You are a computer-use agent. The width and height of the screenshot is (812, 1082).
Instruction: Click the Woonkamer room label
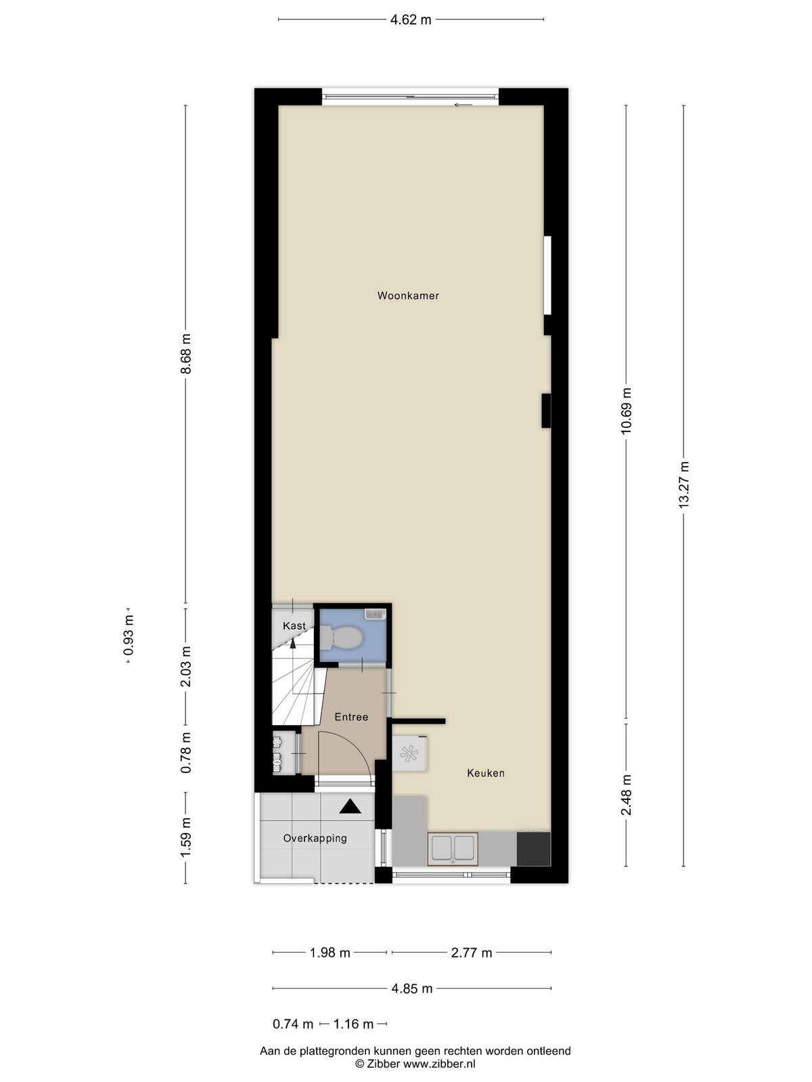coord(408,296)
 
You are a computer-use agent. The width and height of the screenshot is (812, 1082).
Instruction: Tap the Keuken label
coord(486,773)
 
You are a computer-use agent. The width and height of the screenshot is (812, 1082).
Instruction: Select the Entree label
coord(351,717)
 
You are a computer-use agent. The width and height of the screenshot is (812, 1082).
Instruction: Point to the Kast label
coord(294,626)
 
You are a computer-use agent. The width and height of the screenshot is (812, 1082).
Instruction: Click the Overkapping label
coord(315,838)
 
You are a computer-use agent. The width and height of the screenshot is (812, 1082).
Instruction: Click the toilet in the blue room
coord(341,638)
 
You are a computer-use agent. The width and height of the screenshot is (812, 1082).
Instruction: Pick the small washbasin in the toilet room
coord(375,614)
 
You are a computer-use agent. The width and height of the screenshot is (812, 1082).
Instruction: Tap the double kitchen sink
coord(453,849)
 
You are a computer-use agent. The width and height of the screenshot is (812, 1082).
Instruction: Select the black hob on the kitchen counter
coord(533,849)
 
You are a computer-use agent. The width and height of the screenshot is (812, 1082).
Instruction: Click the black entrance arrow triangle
coord(350,807)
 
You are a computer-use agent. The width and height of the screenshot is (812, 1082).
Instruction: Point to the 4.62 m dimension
coord(411,20)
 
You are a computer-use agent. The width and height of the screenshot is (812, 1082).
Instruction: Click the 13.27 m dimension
coord(683,485)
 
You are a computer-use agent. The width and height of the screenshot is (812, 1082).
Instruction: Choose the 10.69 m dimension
coord(626,411)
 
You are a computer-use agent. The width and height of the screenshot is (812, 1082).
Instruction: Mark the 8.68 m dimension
coord(186,354)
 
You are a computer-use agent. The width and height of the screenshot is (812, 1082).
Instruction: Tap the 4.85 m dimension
coord(411,989)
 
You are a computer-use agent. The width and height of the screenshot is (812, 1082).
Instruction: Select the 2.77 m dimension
coord(472,953)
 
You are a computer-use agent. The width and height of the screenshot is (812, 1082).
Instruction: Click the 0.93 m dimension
coord(129,635)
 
